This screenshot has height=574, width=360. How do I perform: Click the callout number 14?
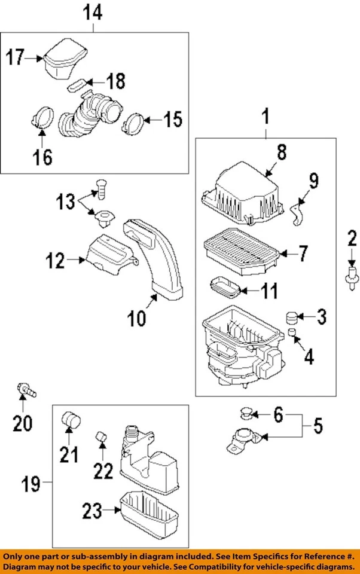94,12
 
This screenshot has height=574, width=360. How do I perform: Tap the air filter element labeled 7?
238,250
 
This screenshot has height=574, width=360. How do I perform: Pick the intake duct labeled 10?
158,257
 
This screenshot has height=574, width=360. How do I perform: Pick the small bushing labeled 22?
102,441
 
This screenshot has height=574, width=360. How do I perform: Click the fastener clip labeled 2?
351,275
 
